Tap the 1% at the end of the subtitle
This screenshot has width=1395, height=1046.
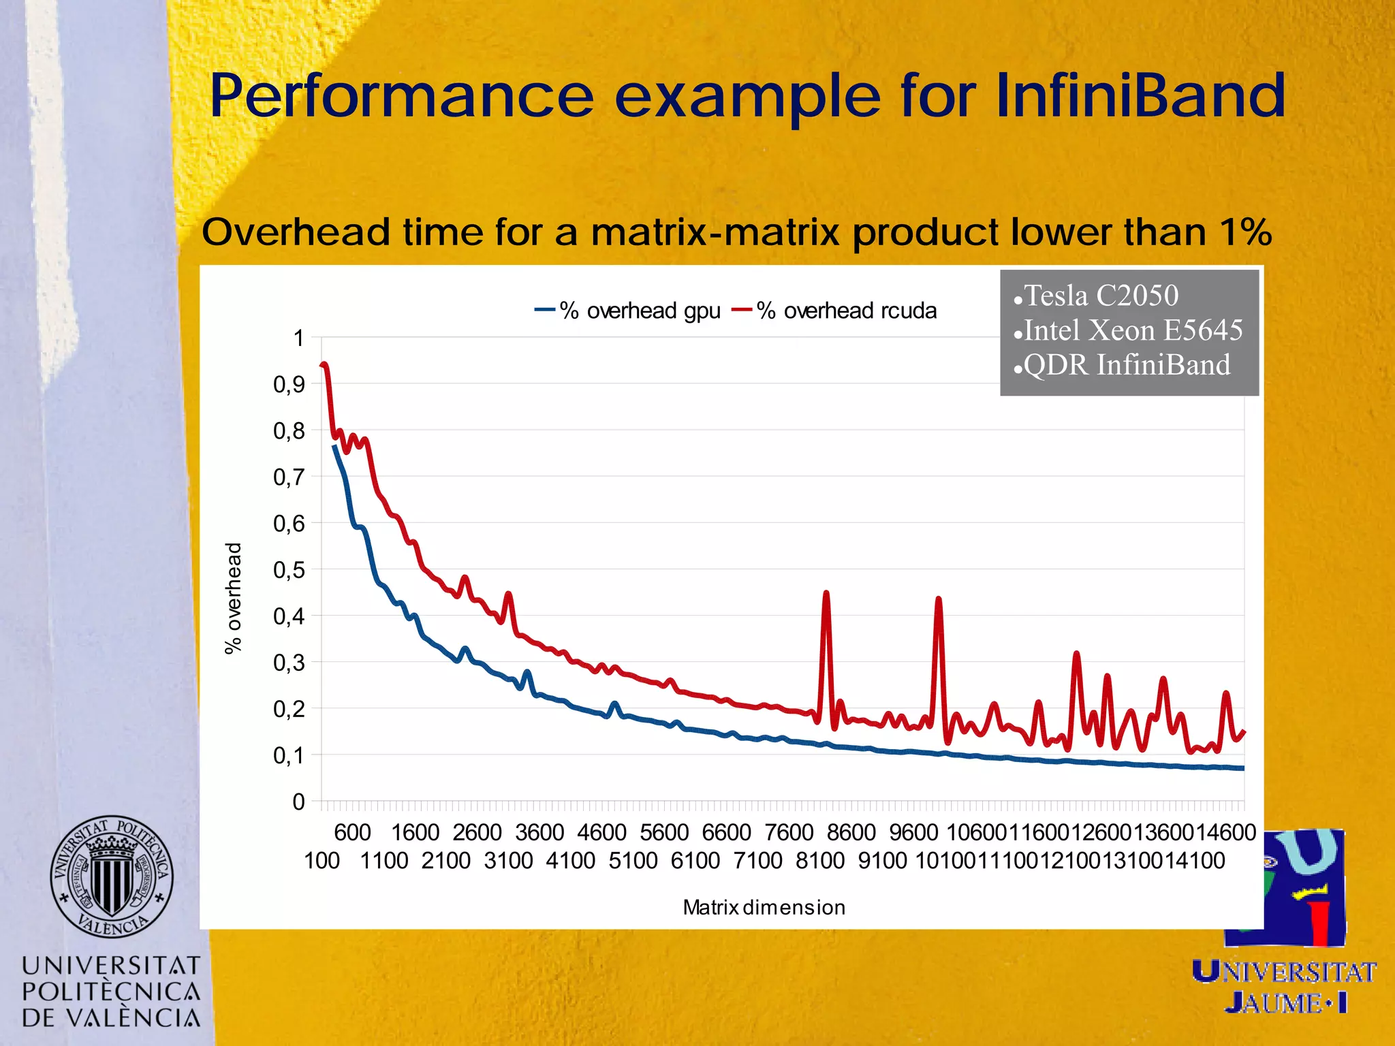pyautogui.click(x=1245, y=232)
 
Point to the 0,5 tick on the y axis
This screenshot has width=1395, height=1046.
pyautogui.click(x=289, y=570)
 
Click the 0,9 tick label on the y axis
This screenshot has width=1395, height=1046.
pyautogui.click(x=289, y=385)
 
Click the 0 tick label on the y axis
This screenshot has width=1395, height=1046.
pyautogui.click(x=298, y=802)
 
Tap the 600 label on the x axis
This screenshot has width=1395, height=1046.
pyautogui.click(x=352, y=832)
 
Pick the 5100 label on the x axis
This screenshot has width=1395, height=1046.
pyautogui.click(x=633, y=861)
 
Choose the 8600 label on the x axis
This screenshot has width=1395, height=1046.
pyautogui.click(x=851, y=832)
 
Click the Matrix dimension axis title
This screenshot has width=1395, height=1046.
pyautogui.click(x=764, y=907)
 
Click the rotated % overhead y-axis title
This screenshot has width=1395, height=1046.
pyautogui.click(x=233, y=598)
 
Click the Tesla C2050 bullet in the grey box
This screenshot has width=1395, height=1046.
pyautogui.click(x=1101, y=296)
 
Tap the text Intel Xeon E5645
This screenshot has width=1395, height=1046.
pyautogui.click(x=1133, y=330)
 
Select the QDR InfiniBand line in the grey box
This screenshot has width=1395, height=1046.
pyautogui.click(x=1127, y=365)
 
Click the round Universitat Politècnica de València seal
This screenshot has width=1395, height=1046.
pyautogui.click(x=112, y=876)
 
